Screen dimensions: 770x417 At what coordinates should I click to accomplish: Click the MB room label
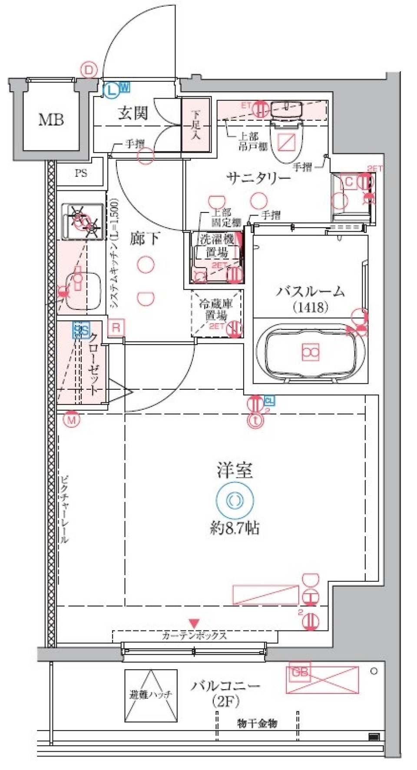[x=51, y=119]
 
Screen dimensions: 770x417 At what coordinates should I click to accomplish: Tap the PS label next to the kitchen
[x=81, y=173]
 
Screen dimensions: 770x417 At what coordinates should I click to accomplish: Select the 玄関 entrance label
[x=133, y=113]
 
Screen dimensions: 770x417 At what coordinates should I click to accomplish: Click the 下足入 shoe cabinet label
[x=195, y=125]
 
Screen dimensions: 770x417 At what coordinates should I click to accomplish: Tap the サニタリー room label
[x=258, y=178]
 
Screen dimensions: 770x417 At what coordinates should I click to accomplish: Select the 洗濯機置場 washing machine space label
[x=217, y=246]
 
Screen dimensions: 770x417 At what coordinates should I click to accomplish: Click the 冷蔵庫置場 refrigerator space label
[x=216, y=309]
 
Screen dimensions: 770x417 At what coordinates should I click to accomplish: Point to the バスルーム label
[x=310, y=291]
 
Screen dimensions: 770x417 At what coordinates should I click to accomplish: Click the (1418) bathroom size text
[x=310, y=308]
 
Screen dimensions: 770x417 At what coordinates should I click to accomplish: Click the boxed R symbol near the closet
[x=116, y=327]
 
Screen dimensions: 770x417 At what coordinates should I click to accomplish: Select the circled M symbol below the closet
[x=71, y=420]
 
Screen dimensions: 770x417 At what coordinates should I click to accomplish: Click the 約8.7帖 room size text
[x=235, y=528]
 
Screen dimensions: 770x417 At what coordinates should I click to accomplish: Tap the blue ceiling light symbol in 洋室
[x=235, y=500]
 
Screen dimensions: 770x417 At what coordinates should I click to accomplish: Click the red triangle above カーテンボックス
[x=194, y=624]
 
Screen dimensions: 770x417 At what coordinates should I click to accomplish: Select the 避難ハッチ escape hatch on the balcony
[x=151, y=695]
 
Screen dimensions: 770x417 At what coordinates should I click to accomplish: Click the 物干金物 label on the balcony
[x=257, y=724]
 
